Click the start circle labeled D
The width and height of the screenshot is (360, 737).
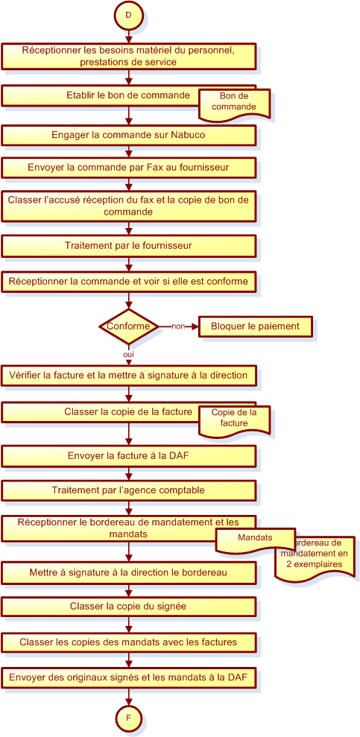(128, 15)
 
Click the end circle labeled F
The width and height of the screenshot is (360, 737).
(128, 718)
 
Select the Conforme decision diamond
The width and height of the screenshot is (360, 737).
(128, 326)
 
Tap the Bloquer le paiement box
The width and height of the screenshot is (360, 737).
(255, 326)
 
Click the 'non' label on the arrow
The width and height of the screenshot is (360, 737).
(177, 326)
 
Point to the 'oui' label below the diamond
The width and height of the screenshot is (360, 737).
(128, 355)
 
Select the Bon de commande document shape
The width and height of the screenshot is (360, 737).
(235, 102)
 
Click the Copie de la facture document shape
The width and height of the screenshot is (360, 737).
(235, 418)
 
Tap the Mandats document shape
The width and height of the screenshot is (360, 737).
(255, 540)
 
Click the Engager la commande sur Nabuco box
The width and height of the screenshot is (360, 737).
(128, 135)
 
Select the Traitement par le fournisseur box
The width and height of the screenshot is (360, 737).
(128, 245)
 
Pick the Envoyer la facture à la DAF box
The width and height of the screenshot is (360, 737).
(128, 455)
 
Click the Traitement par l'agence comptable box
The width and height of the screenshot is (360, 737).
(128, 490)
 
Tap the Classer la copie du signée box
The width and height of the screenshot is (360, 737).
(128, 607)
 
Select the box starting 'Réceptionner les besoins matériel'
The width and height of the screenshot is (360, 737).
(128, 56)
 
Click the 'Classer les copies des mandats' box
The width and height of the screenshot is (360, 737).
(128, 642)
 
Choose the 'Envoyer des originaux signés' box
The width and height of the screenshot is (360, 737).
(128, 677)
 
